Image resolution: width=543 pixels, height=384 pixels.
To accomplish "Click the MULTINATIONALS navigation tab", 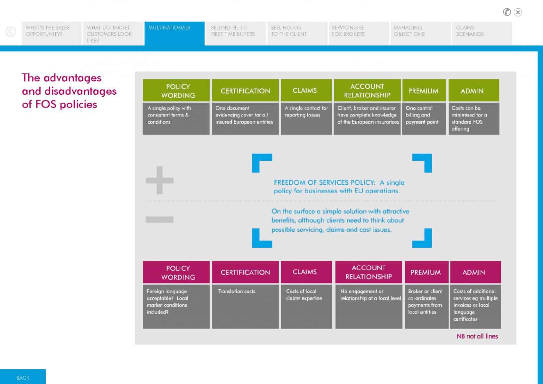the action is [x=174, y=33].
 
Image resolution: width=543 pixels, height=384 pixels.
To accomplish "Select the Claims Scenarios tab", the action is [x=482, y=33].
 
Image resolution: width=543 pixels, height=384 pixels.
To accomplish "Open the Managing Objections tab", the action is [x=420, y=33].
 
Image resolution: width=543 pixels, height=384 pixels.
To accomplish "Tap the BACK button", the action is [x=23, y=377].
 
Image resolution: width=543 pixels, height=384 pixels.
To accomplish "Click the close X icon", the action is [x=518, y=12].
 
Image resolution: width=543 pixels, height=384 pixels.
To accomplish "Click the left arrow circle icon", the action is [x=11, y=31].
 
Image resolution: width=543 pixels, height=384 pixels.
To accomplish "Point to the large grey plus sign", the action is [x=159, y=180].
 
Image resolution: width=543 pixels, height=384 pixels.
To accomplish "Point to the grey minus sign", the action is [x=159, y=219].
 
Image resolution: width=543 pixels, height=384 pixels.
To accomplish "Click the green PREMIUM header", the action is [x=424, y=90].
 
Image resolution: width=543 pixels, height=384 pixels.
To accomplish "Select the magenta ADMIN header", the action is [x=475, y=272].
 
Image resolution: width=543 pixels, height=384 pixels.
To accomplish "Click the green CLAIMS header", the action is [x=306, y=90].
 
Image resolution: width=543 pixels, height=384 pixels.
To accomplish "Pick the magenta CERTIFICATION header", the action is [x=245, y=272].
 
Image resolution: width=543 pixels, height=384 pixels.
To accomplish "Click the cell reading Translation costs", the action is [x=245, y=307].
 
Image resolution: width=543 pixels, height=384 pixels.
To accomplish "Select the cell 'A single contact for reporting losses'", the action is [x=306, y=118].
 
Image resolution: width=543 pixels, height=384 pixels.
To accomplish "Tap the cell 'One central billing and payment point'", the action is [x=424, y=118].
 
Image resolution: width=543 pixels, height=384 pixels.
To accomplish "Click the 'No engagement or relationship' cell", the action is [x=369, y=307].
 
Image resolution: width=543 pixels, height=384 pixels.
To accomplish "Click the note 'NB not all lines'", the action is [x=477, y=336].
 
